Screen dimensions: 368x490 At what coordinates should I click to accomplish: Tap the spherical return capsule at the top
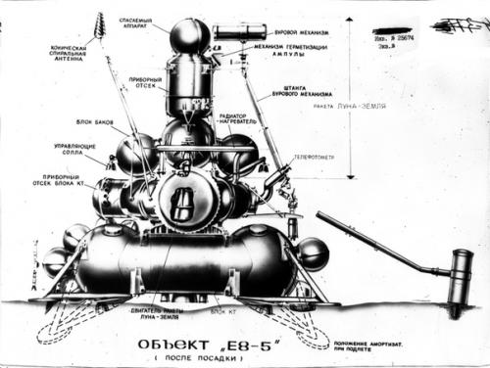[x=189, y=37]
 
